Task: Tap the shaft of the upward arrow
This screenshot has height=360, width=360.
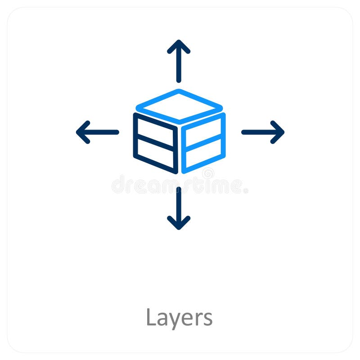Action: pos(179,65)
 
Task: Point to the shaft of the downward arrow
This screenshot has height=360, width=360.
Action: pos(179,205)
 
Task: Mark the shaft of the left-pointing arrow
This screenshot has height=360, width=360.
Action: pos(101,132)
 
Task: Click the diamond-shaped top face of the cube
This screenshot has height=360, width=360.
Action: pos(179,106)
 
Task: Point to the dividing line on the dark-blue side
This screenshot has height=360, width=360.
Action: pos(155,142)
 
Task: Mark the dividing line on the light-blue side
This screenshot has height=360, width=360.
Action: pos(203,142)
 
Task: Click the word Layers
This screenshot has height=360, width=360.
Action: pos(179,318)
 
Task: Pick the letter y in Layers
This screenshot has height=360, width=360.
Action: pos(173,320)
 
